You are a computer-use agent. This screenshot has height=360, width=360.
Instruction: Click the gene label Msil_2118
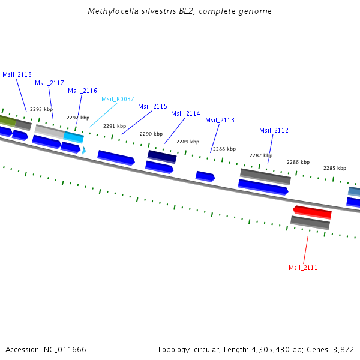click(17, 74)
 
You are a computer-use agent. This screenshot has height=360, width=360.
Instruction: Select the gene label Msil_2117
click(49, 83)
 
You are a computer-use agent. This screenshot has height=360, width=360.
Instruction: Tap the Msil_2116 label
click(82, 91)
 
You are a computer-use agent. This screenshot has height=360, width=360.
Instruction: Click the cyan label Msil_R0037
click(118, 99)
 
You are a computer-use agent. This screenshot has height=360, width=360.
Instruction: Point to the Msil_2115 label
click(152, 106)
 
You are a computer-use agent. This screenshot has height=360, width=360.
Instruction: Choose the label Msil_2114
click(185, 113)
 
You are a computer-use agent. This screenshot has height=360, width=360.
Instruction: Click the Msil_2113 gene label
click(220, 120)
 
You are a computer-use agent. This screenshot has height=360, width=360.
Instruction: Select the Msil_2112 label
click(274, 130)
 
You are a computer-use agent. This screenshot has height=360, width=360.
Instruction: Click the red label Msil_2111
click(303, 268)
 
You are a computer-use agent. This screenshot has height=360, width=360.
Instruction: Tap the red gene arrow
click(312, 212)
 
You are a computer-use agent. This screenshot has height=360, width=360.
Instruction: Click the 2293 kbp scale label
click(41, 109)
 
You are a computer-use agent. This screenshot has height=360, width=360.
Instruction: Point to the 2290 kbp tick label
click(151, 134)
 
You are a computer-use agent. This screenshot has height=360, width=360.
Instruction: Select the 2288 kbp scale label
click(224, 149)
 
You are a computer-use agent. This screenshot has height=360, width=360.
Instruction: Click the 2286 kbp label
click(298, 162)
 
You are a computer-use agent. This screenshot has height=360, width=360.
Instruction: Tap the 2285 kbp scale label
click(335, 168)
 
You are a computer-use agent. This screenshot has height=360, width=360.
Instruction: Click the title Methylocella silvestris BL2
click(148, 11)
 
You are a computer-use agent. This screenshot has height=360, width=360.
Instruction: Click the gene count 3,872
click(343, 349)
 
